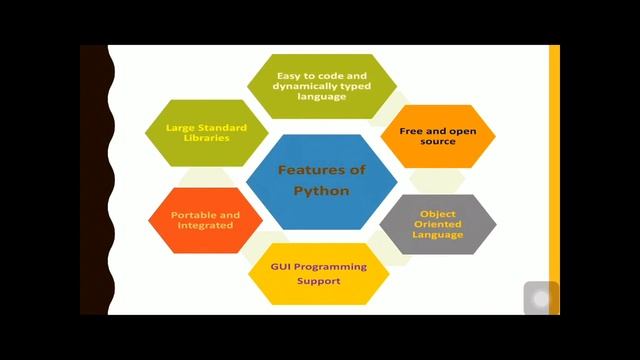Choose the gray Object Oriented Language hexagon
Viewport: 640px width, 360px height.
(x=438, y=224)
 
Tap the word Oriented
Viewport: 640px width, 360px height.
(x=438, y=224)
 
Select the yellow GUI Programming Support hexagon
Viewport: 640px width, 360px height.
(x=318, y=273)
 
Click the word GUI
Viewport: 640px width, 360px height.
(x=281, y=267)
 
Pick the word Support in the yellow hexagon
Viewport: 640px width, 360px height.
(x=318, y=282)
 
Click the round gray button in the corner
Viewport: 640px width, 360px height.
(x=541, y=298)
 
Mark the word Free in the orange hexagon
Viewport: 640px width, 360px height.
(x=411, y=130)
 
